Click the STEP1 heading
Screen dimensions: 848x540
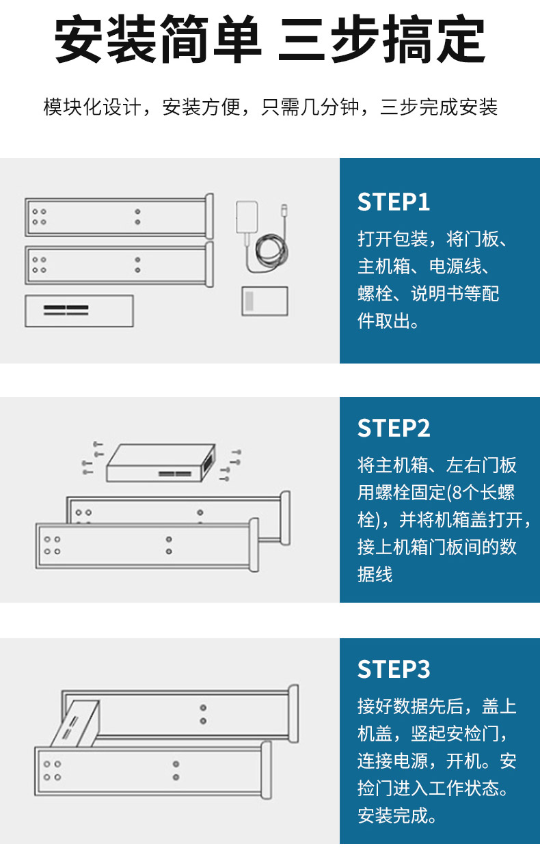tap(394, 202)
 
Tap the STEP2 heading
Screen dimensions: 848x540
tap(394, 428)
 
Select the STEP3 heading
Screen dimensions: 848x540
tap(394, 669)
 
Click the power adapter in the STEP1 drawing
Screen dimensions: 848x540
tap(246, 217)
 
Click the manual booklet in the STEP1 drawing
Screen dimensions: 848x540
tap(265, 301)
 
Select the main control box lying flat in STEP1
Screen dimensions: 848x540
tap(79, 311)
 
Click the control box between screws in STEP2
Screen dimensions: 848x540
tap(161, 463)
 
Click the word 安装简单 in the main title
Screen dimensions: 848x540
tap(158, 41)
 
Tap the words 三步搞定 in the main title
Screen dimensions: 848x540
tap(381, 41)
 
